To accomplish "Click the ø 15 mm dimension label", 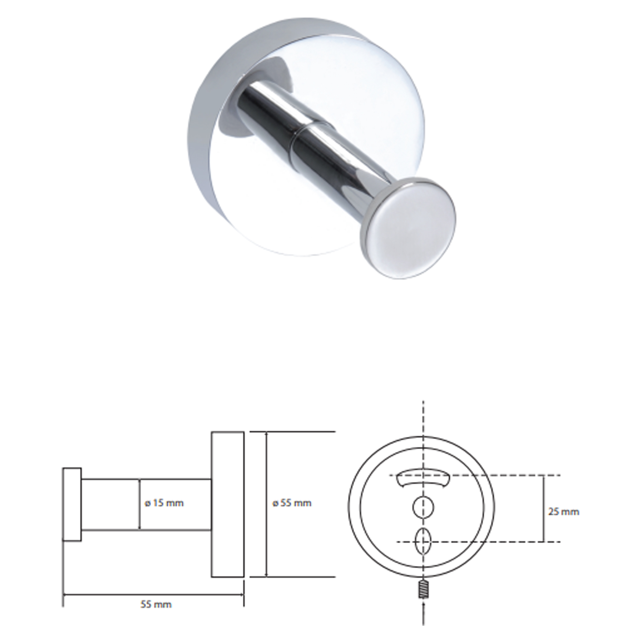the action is tap(164, 503).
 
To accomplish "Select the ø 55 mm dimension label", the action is tap(292, 503).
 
